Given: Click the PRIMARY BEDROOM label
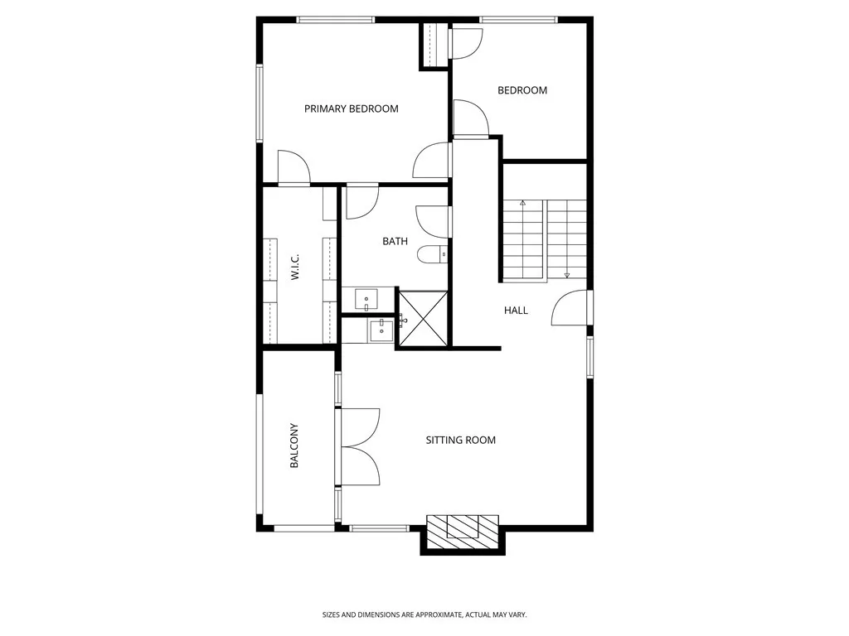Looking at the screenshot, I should [351, 108].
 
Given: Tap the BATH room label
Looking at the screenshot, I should [395, 242].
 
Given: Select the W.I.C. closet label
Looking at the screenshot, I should [295, 267].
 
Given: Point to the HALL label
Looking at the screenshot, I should [516, 311].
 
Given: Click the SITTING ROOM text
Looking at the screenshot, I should [460, 440].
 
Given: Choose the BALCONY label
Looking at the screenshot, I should [294, 446].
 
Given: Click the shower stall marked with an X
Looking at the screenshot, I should [423, 318].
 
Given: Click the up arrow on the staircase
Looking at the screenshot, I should [522, 203].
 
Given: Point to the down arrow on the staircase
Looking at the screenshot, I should [567, 274].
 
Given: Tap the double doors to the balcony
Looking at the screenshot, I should [358, 447].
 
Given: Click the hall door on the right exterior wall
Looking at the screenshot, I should [571, 308].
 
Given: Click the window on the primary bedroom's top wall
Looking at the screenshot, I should [335, 20].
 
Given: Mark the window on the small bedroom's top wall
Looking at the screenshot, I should [519, 20].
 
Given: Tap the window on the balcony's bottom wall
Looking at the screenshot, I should [303, 528].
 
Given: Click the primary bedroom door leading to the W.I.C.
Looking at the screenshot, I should [294, 169].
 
